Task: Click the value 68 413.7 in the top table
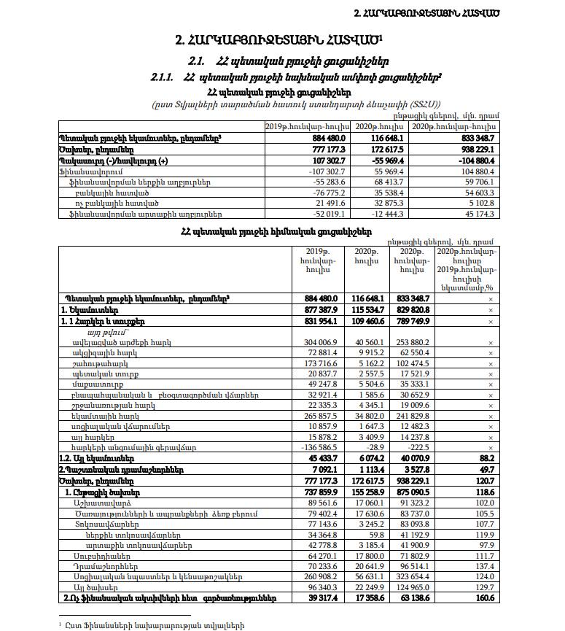(x=377, y=180)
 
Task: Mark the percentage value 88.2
(x=483, y=457)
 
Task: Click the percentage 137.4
(x=483, y=566)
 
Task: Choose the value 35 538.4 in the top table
(x=377, y=191)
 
